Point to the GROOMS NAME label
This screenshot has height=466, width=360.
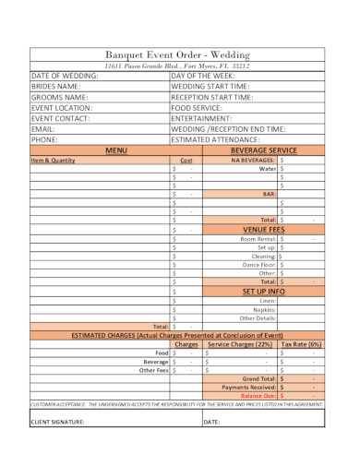(59, 97)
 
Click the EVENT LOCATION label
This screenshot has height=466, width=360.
(62, 108)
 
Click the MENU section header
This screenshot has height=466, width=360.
(115, 149)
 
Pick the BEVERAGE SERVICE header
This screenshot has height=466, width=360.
(263, 149)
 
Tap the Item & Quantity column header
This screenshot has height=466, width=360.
(53, 160)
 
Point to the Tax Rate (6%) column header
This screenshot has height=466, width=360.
(301, 343)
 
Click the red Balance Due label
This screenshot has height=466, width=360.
(258, 395)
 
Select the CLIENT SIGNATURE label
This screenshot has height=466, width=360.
(58, 423)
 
